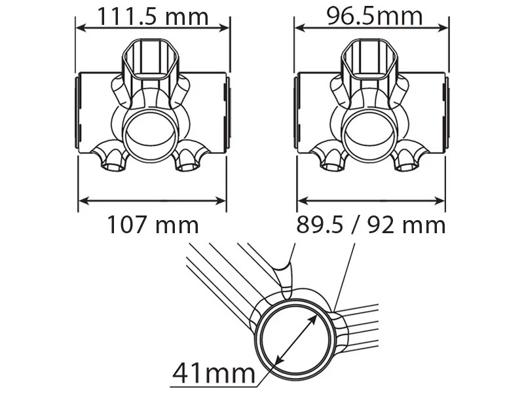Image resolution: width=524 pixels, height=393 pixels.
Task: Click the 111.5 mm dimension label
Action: (x=153, y=15)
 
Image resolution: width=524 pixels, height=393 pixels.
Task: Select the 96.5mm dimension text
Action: (x=371, y=15)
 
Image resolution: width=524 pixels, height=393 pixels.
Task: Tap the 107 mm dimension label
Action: (x=152, y=225)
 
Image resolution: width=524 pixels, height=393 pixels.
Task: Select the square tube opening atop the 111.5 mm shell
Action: (x=153, y=56)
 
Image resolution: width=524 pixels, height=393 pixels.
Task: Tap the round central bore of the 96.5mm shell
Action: (x=371, y=128)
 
